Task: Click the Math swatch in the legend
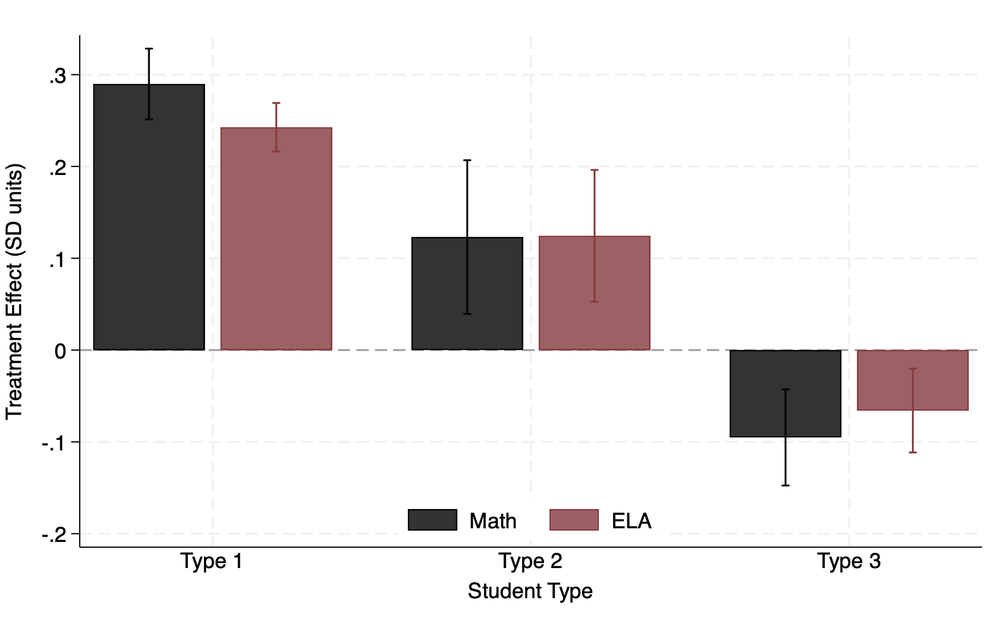(432, 520)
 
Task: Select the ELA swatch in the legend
(574, 520)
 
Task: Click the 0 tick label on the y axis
(60, 351)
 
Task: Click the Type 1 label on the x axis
(212, 561)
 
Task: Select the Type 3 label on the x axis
(849, 561)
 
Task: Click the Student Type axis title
(530, 591)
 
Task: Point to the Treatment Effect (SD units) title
(15, 291)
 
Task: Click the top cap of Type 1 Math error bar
(149, 49)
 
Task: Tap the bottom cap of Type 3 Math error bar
(785, 485)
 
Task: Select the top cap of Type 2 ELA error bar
(594, 170)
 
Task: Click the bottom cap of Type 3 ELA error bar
(913, 452)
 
